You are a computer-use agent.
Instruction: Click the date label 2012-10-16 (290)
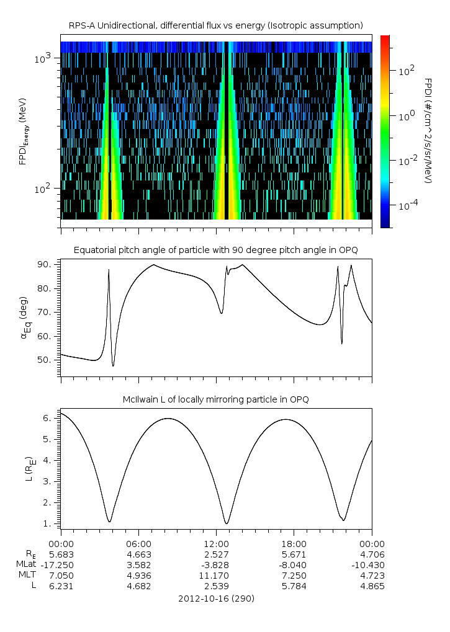click(216, 599)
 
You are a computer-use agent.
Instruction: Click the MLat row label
click(27, 564)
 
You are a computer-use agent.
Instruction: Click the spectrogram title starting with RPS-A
click(216, 25)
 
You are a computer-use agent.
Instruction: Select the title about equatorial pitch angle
click(216, 250)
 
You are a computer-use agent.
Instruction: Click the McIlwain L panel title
click(216, 399)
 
